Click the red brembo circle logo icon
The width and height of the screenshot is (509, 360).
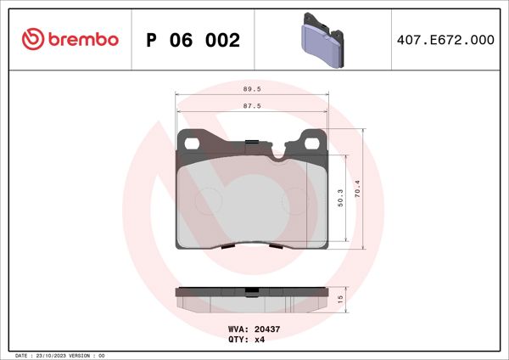[32, 40]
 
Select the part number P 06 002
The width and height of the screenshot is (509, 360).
[193, 40]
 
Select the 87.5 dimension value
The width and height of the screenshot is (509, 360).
[251, 106]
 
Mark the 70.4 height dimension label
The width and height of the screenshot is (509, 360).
[359, 188]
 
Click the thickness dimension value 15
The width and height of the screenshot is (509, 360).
[340, 299]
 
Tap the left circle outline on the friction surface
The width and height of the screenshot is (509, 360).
[208, 200]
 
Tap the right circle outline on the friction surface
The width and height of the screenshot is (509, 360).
[294, 200]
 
